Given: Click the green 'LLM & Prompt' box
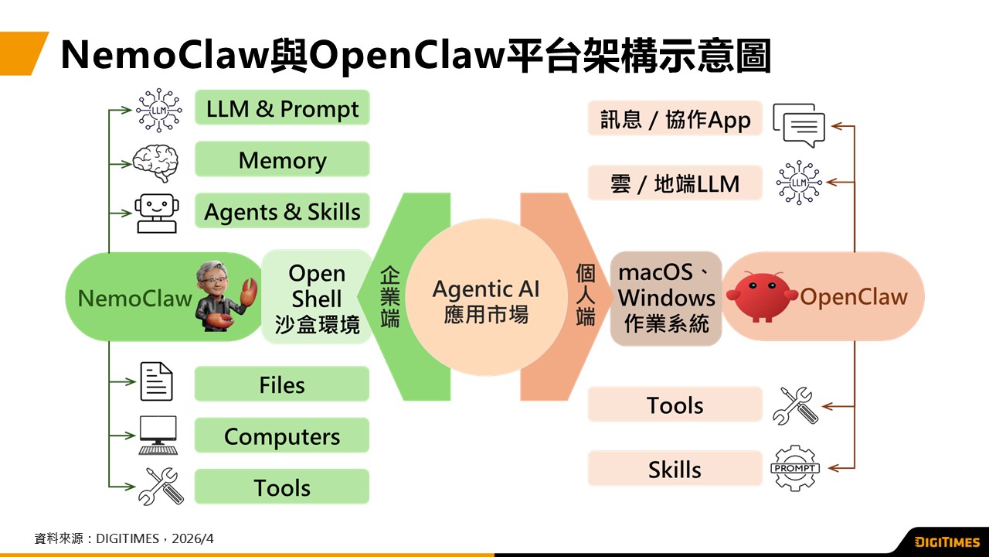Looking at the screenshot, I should tap(282, 108).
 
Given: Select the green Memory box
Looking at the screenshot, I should tap(282, 160).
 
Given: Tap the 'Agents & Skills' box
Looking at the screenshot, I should tap(282, 211).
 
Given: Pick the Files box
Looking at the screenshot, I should tap(282, 384).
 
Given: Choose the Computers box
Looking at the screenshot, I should tap(282, 436).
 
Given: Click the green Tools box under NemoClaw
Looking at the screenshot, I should tap(282, 487).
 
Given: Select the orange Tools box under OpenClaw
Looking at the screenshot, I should tap(675, 405).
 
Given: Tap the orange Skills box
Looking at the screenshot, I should tap(675, 469).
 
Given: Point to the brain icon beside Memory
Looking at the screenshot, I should tap(155, 162).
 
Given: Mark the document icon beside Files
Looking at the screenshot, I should tap(156, 381).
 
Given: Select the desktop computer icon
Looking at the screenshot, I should tap(158, 435).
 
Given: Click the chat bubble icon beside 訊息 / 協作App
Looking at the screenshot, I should tap(799, 125).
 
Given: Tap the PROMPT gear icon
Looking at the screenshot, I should tap(795, 468).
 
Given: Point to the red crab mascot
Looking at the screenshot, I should tap(763, 296).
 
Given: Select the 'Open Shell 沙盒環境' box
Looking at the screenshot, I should tap(316, 298).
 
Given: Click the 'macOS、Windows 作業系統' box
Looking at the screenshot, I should tap(666, 298).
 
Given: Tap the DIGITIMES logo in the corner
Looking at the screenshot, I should tap(947, 542).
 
